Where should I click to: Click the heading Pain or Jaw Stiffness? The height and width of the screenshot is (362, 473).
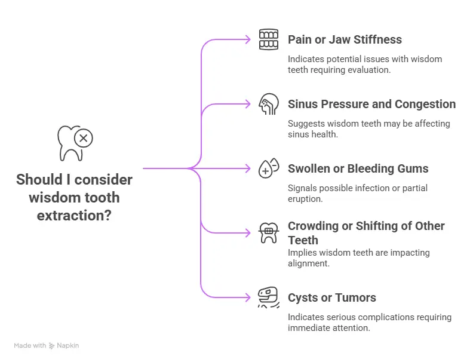[x=345, y=40]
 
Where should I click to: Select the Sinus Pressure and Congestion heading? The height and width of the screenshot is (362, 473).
[x=371, y=105]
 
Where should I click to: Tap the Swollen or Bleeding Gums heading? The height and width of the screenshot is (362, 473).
[x=358, y=169]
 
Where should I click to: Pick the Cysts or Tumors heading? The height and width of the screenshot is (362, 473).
[x=331, y=298]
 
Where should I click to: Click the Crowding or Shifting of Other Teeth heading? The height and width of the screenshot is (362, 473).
[x=366, y=233]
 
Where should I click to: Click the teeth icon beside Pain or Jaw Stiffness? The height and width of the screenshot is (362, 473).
[x=269, y=39]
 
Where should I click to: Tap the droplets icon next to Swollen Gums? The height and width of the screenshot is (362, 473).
[x=269, y=168]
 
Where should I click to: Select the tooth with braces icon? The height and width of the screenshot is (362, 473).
[x=269, y=232]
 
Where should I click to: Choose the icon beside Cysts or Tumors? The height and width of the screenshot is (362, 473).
[x=269, y=297]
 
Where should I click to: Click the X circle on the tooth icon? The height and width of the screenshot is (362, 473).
[x=83, y=139]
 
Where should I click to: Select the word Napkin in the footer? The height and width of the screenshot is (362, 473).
[x=68, y=346]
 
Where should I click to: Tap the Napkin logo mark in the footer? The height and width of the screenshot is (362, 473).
[x=53, y=346]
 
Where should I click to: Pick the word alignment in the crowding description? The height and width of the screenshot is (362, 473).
[x=308, y=263]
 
